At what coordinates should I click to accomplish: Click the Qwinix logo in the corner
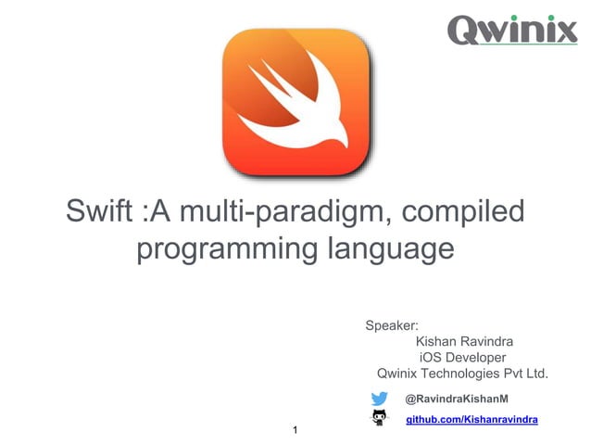coord(512,30)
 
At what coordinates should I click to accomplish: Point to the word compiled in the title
coord(466,212)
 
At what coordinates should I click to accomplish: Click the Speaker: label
coord(393,325)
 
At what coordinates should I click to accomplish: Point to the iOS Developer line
coord(463,358)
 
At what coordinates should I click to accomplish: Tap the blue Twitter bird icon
coord(380,399)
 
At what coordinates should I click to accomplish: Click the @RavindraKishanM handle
coord(458,399)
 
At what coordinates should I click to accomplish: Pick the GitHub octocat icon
coord(380,420)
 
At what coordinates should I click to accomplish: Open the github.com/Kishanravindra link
coord(473,420)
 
